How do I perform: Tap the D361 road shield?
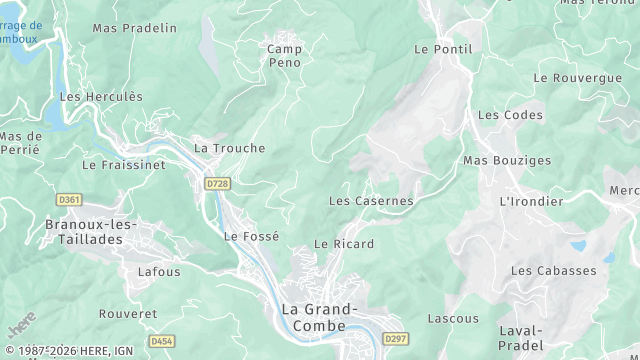click(x=69, y=200)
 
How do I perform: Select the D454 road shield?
click(x=161, y=341)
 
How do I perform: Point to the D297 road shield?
click(x=395, y=338)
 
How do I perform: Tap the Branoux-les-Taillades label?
click(x=91, y=233)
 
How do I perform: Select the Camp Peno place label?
click(x=285, y=55)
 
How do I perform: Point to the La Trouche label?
click(x=230, y=148)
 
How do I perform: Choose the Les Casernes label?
click(x=371, y=201)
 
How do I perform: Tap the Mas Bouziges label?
click(x=507, y=160)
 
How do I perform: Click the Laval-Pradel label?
click(x=519, y=338)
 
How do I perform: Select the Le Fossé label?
click(x=251, y=237)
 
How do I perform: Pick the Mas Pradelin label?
click(x=134, y=28)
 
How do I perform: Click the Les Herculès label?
click(x=101, y=97)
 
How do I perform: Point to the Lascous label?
click(x=453, y=319)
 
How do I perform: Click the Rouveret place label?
click(x=129, y=314)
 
